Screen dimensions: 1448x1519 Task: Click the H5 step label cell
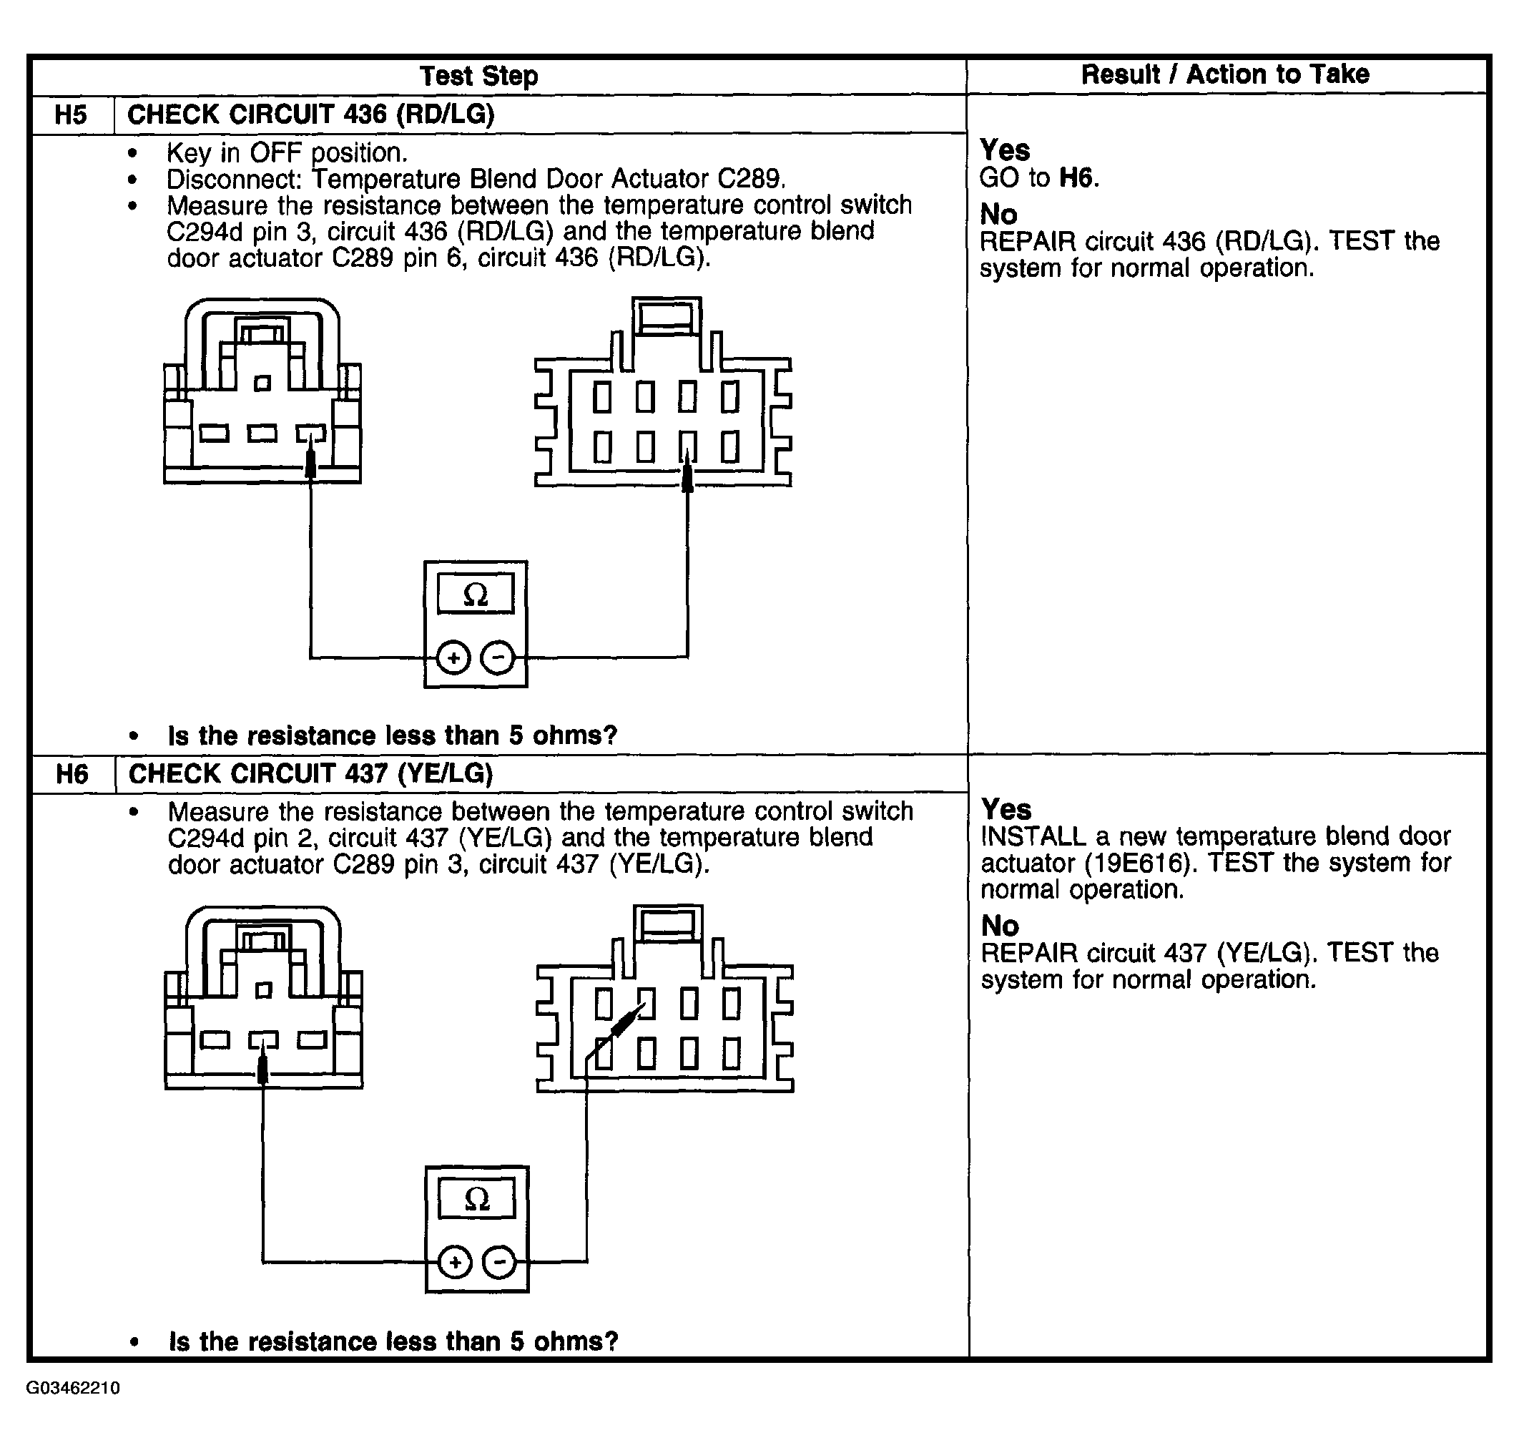70,115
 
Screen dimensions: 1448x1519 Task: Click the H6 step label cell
72,774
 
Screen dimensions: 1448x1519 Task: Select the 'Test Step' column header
478,77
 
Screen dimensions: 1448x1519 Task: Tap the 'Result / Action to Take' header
1224,75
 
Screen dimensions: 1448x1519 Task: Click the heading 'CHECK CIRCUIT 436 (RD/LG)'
310,114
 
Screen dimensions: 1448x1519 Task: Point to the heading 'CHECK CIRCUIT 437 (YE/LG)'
310,773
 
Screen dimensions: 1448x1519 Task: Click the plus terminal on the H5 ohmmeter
453,657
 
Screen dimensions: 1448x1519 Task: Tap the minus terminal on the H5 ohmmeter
498,657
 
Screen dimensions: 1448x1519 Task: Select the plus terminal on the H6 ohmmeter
454,1262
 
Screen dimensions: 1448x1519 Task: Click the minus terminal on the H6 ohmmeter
499,1262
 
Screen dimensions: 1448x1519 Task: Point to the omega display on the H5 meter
475,595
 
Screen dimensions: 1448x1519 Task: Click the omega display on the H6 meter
477,1199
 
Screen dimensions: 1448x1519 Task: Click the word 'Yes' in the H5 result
1004,150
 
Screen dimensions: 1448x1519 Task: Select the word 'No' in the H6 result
1000,926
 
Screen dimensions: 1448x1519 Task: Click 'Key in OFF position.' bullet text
287,153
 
